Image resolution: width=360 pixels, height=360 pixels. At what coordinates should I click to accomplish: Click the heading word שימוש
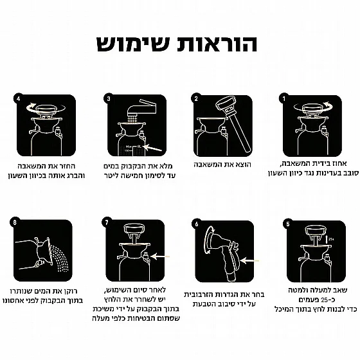133,44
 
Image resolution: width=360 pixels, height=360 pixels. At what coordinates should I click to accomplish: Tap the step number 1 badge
283,99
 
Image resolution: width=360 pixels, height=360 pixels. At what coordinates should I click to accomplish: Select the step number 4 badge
19,98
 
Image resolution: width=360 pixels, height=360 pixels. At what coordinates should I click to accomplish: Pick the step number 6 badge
197,224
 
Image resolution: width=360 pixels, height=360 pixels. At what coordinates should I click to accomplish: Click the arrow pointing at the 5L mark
152,148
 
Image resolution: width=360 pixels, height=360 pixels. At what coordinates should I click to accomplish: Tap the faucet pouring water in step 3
141,110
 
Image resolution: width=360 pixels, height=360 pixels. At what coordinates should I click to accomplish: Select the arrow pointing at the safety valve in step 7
160,256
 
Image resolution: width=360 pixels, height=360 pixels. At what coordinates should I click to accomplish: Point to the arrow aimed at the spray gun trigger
249,261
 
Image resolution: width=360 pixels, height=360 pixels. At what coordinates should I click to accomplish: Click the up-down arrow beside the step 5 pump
327,239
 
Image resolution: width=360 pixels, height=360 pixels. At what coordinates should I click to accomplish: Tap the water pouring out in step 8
59,258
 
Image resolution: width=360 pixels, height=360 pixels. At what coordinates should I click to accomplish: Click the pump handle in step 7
134,230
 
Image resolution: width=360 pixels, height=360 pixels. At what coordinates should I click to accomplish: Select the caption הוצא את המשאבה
222,165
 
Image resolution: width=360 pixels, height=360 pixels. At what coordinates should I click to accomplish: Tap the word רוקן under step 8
71,291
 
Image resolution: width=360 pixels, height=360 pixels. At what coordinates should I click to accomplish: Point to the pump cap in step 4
46,109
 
